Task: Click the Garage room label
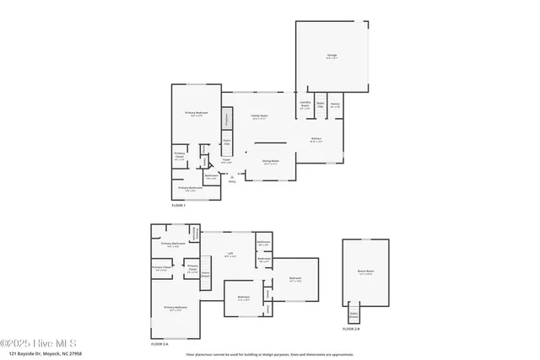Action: [x=332, y=56]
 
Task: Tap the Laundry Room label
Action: [x=305, y=105]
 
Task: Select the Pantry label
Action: [x=335, y=105]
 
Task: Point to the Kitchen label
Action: [x=316, y=139]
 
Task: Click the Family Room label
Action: [x=259, y=117]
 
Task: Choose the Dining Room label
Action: [x=270, y=161]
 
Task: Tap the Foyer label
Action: [x=226, y=160]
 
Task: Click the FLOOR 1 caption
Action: [x=178, y=205]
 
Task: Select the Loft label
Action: [x=229, y=254]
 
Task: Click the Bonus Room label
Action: [x=365, y=271]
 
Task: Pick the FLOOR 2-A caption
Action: [x=160, y=344]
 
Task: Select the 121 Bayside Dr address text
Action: [x=41, y=354]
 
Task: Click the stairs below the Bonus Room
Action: [x=354, y=314]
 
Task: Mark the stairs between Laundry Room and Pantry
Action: [x=321, y=105]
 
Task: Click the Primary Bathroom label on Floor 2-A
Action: [x=173, y=244]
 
